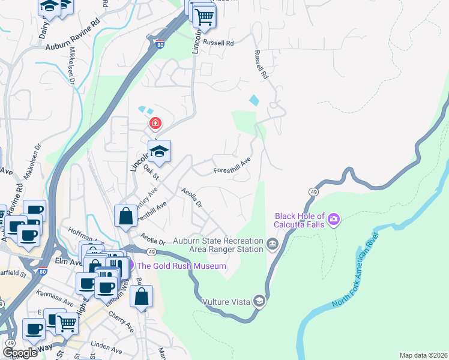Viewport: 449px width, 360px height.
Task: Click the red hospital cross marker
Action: coord(155,124)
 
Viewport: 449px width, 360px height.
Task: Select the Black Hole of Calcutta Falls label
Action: coord(300,220)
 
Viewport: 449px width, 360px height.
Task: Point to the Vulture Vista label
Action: coord(226,301)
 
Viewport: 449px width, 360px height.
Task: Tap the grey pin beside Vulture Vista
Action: coord(259,301)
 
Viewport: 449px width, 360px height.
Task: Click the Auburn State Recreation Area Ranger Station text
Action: coord(218,245)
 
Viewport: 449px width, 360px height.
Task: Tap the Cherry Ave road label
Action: coord(121,322)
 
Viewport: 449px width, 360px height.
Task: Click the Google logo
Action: coord(20,352)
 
